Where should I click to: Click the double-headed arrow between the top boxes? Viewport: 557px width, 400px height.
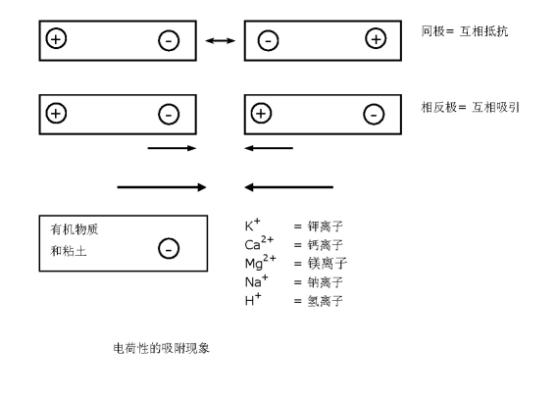coord(221,41)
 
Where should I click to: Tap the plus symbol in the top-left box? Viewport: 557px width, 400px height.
coord(56,38)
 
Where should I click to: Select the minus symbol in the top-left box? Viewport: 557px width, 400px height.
coord(169,40)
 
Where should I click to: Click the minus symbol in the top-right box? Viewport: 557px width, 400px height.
coord(268,40)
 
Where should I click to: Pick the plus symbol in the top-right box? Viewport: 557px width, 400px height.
coord(376,38)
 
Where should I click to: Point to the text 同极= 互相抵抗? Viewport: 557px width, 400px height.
coord(465,31)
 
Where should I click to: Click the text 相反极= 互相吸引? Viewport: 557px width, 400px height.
coord(470,107)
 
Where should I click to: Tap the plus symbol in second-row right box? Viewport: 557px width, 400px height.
coord(261,114)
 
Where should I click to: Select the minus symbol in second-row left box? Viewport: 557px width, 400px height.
coord(169,115)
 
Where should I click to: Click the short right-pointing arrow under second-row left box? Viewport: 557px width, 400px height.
coord(172,148)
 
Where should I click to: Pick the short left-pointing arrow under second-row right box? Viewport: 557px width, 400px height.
coord(269,148)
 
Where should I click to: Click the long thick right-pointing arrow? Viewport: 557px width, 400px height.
coord(162,187)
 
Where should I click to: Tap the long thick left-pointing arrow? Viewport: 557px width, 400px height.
coord(289,187)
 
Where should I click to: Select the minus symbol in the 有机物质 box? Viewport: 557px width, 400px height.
coord(169,248)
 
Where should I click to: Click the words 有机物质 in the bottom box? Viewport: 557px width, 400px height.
coord(75,229)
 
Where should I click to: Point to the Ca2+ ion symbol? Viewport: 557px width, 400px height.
coord(259,243)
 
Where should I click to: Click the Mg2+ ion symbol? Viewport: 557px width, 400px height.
coord(261,262)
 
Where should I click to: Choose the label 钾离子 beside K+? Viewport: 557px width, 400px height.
coord(325,226)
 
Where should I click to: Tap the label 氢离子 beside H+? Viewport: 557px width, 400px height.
coord(325,301)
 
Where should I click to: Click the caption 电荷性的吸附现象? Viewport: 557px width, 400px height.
coord(162,348)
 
